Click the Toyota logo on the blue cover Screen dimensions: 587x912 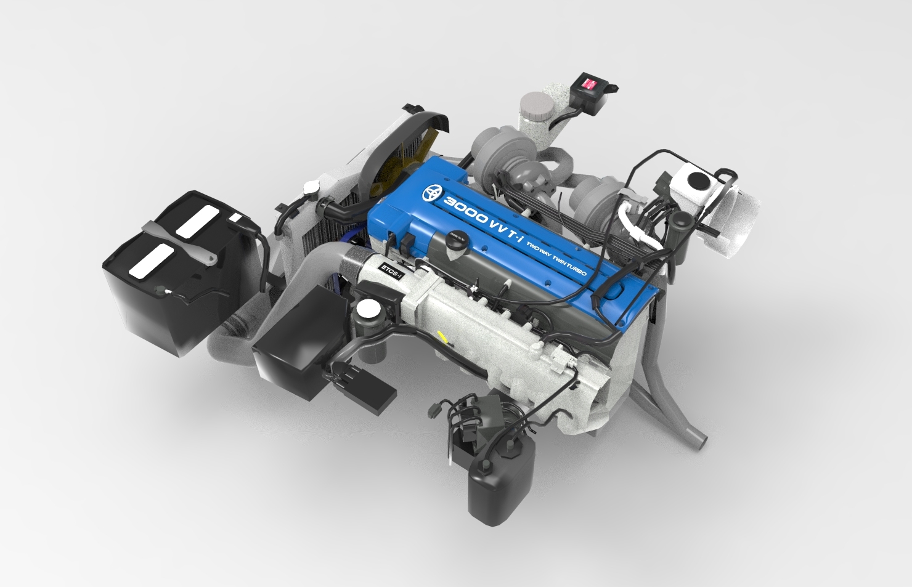point(433,193)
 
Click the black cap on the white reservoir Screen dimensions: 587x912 point(698,181)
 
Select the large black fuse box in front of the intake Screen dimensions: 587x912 point(299,345)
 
